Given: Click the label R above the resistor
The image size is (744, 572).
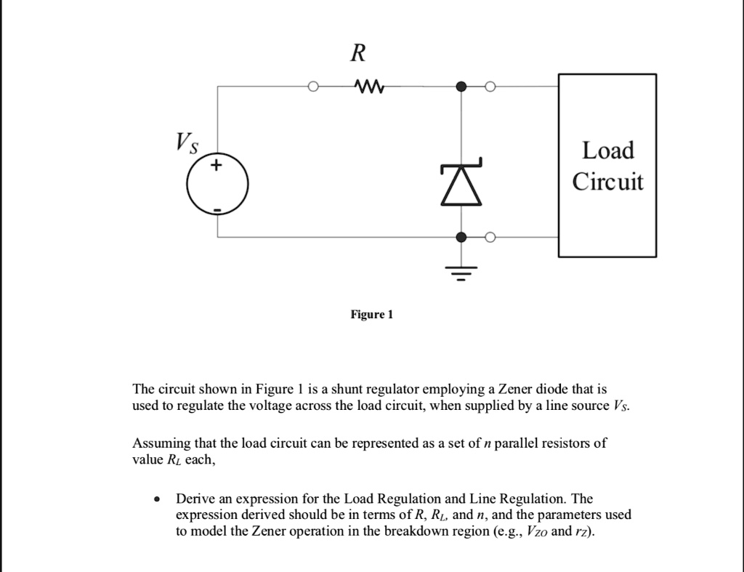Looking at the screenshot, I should [358, 53].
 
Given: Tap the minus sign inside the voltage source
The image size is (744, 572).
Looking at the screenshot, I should [216, 210].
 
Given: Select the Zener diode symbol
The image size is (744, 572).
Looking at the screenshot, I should [461, 183].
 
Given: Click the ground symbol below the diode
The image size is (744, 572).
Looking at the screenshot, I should [461, 275].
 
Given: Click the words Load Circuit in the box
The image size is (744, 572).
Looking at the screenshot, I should [607, 166].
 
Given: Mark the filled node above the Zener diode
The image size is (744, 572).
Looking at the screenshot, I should [461, 87].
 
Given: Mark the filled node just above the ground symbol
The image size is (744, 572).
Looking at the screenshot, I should [461, 237].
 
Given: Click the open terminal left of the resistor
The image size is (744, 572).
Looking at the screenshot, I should [312, 87].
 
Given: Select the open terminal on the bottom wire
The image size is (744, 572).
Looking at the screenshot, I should [490, 237].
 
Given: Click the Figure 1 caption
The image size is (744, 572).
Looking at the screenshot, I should [371, 315].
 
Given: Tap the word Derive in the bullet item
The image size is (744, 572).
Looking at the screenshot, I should [195, 499].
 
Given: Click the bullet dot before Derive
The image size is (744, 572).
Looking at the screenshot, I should [157, 500].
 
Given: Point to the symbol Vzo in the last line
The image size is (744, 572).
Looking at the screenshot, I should [535, 531].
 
